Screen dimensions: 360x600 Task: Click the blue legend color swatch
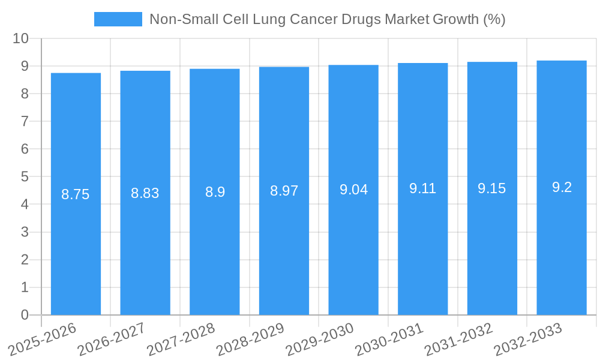click(118, 19)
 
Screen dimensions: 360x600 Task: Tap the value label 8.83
click(145, 193)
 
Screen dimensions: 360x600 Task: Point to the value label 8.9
click(215, 192)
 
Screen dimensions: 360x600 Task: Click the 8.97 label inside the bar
click(284, 191)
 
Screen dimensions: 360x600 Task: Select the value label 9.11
click(422, 188)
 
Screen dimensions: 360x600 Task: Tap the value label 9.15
click(492, 188)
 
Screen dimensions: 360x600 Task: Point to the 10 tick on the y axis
click(20, 38)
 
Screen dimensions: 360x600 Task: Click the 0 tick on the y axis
click(25, 315)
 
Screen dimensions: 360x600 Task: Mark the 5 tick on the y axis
click(25, 177)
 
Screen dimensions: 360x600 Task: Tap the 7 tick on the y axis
click(25, 121)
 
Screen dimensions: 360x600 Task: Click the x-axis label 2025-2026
click(43, 338)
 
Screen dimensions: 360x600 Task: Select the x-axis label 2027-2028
click(182, 338)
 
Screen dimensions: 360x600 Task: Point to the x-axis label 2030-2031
click(390, 338)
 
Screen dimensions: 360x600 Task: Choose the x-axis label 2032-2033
click(529, 338)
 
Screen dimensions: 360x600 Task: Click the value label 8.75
click(76, 194)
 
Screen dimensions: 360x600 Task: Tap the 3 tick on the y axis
click(25, 232)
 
